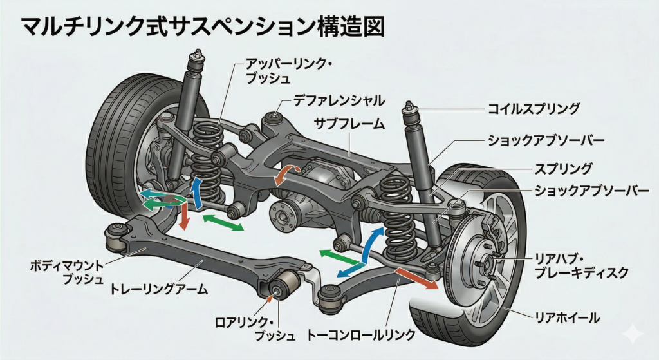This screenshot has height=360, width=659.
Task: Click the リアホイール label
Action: [568, 317]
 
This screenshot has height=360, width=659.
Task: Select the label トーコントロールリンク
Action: [360, 335]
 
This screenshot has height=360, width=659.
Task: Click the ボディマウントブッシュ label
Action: [66, 271]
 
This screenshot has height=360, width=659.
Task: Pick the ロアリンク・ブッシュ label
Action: [247, 328]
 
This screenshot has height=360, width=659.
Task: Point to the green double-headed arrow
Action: [223, 223]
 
